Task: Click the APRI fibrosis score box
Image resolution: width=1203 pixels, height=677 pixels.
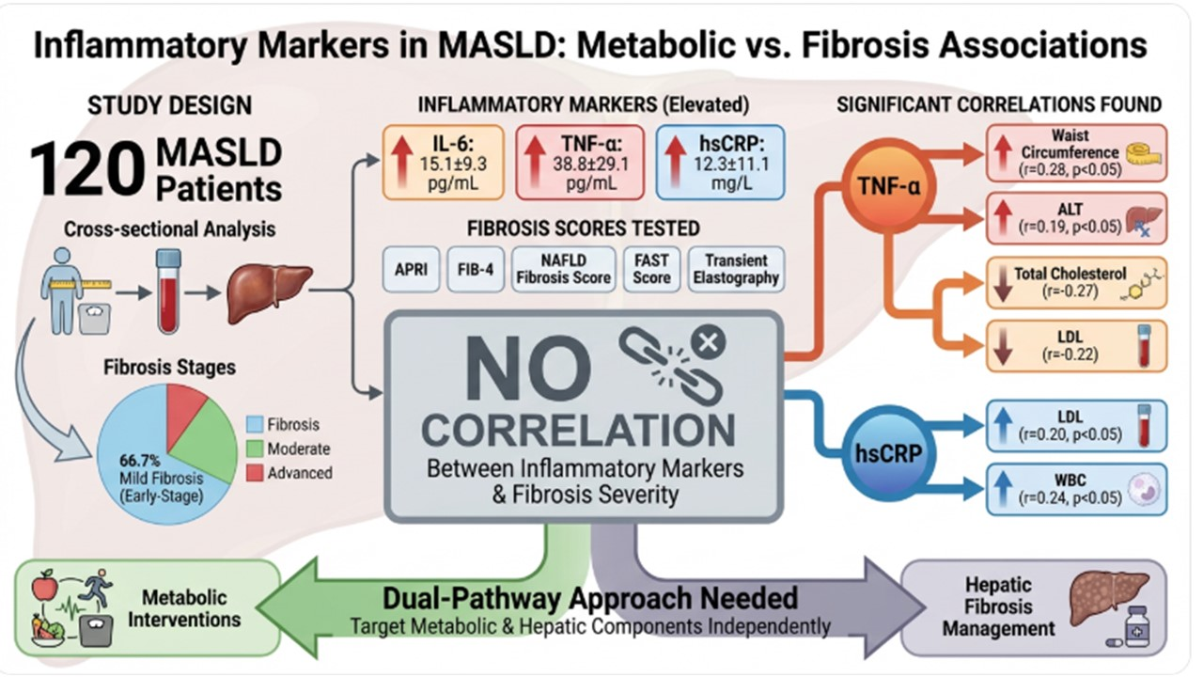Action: pos(411,268)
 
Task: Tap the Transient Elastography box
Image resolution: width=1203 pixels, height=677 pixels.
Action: pos(735,268)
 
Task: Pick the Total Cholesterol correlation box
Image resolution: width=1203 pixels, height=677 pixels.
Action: pos(1077,282)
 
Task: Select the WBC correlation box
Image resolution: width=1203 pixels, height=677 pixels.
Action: pos(1077,489)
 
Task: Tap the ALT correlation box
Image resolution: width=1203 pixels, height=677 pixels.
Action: pos(1077,217)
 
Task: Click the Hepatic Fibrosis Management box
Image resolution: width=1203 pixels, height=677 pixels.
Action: pos(1033,607)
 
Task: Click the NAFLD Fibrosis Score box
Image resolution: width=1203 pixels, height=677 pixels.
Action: pos(564,268)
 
